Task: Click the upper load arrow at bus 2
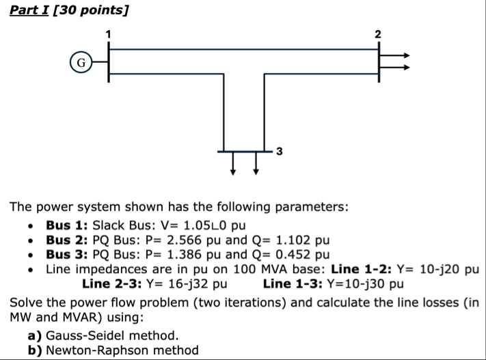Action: (x=396, y=55)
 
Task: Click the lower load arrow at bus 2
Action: (x=396, y=68)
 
